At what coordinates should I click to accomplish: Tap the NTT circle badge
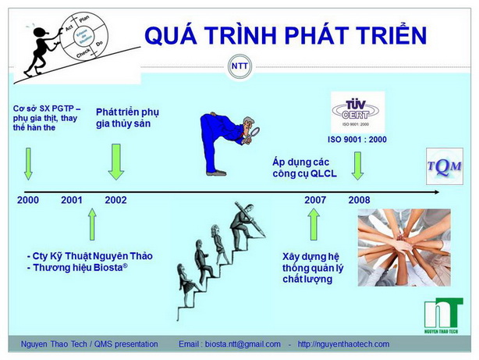click(239, 66)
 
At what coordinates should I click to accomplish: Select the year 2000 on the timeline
click(27, 200)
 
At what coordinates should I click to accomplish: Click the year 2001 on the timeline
click(72, 200)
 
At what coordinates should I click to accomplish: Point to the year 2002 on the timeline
click(115, 200)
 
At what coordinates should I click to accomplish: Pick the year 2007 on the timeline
click(315, 200)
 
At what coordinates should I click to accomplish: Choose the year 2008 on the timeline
click(359, 200)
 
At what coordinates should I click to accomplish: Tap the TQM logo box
click(444, 166)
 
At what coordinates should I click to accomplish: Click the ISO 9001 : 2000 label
click(358, 140)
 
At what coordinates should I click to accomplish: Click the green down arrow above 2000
click(28, 164)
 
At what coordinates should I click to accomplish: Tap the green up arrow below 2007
click(314, 223)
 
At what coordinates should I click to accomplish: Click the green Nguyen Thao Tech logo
click(443, 316)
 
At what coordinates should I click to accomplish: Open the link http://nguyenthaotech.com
click(343, 344)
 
